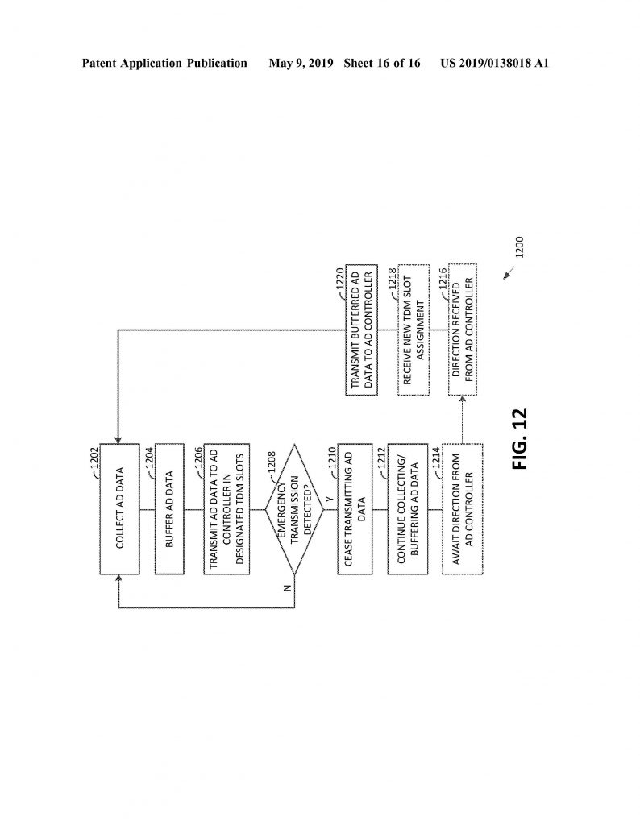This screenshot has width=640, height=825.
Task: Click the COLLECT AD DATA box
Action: (119, 509)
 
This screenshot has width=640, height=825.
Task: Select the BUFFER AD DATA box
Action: (169, 509)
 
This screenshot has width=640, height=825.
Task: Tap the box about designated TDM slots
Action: (226, 509)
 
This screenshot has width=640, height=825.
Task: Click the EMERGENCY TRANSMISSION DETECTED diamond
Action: (293, 509)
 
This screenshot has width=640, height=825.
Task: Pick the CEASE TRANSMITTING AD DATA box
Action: (355, 509)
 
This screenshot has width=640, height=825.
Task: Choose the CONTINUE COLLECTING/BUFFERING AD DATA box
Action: (407, 509)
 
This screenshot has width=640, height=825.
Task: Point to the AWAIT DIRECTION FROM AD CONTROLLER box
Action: (462, 509)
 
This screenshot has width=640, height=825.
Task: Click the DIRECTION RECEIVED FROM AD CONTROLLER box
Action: (462, 330)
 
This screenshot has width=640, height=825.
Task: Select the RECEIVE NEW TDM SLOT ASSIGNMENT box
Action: (414, 330)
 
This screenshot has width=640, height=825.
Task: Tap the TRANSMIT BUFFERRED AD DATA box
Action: (361, 330)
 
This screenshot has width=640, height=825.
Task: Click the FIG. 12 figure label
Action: (519, 439)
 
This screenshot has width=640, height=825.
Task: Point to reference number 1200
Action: (519, 247)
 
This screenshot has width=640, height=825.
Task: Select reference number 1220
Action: (339, 279)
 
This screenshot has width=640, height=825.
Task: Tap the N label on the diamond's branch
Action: (287, 588)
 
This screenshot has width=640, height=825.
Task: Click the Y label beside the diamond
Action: (330, 499)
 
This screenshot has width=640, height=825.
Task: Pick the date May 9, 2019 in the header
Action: (301, 63)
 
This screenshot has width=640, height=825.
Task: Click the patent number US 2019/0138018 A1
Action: (495, 63)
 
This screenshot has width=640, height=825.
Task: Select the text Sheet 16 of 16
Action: (382, 63)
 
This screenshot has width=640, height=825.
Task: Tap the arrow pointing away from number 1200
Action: (509, 272)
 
